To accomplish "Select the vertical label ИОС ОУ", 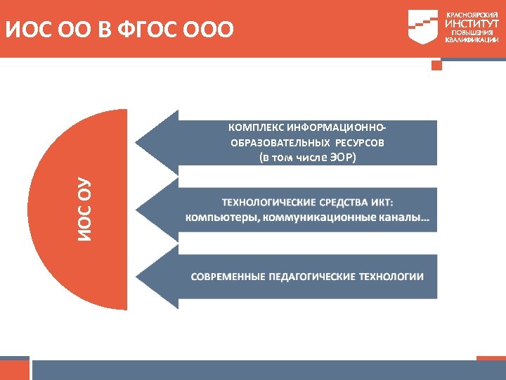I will [84, 209].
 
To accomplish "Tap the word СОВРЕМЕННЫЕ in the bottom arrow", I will [228, 277].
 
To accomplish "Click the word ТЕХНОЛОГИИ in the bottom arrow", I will [391, 277].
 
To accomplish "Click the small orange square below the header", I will [436, 65].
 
